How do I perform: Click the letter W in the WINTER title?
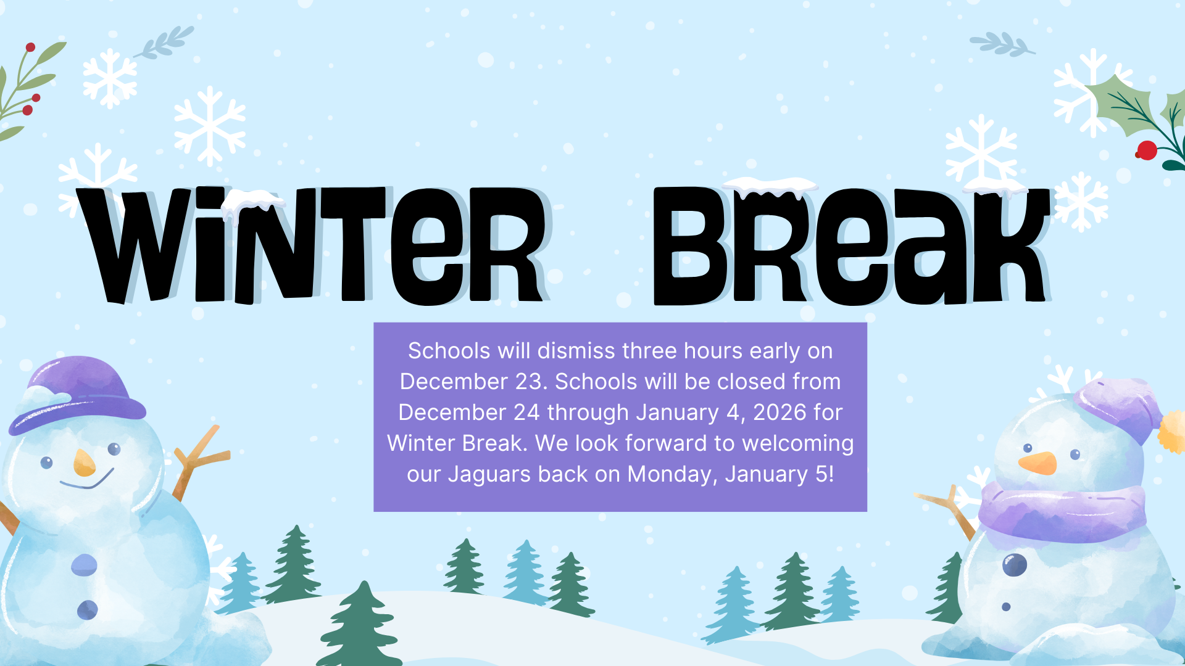click(x=133, y=247)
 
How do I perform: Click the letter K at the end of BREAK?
click(x=1012, y=247)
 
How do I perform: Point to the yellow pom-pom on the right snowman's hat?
click(x=1171, y=432)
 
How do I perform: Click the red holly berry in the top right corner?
click(x=1147, y=150)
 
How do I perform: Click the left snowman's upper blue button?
click(x=84, y=565)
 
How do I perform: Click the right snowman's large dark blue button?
click(x=1015, y=564)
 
